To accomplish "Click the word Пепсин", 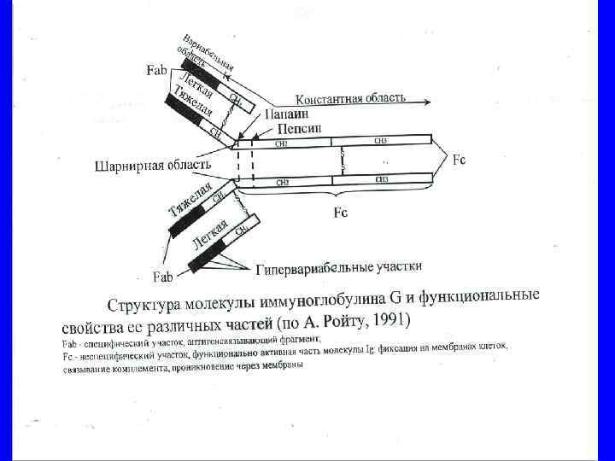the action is click(300, 127).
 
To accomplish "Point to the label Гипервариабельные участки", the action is click(339, 269).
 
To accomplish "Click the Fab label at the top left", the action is click(156, 71).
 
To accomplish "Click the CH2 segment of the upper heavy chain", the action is click(282, 143).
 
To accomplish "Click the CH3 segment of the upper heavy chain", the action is click(380, 141).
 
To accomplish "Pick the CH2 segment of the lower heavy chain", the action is click(282, 182).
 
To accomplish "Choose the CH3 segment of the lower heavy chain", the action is click(380, 179).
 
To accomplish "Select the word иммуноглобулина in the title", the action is click(337, 302).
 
